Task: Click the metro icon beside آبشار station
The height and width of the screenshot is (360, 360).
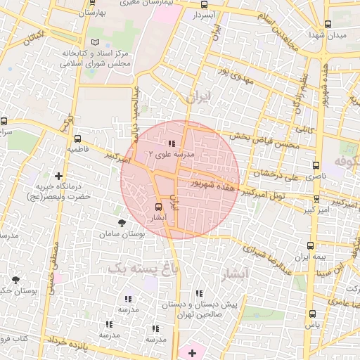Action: (x=158, y=207)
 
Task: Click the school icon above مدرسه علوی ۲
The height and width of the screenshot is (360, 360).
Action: (x=172, y=143)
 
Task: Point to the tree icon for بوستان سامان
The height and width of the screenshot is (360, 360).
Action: (x=122, y=222)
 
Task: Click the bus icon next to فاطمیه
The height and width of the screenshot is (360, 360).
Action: (x=77, y=139)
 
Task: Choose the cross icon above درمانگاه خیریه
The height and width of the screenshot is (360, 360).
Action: (x=58, y=176)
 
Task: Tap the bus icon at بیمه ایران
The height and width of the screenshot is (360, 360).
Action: (x=311, y=245)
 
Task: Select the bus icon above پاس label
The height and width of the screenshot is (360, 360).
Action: (x=312, y=314)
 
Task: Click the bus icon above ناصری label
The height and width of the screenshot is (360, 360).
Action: (x=316, y=166)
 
